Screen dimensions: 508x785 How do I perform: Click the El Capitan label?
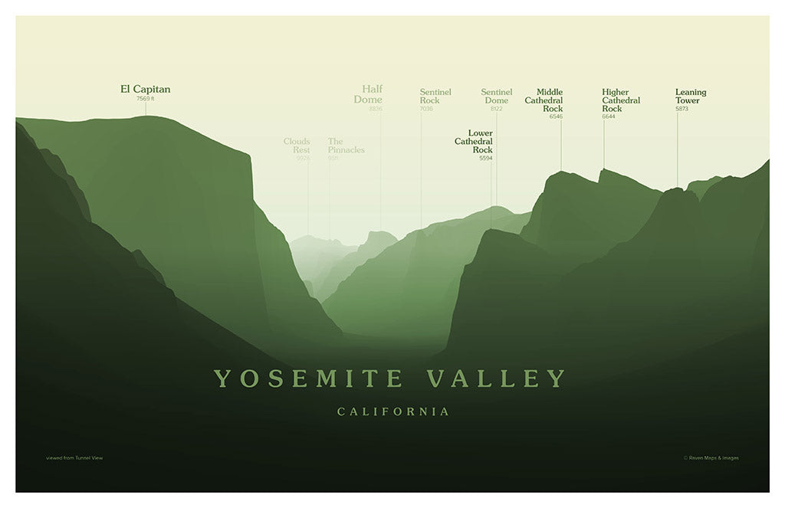[x=146, y=89]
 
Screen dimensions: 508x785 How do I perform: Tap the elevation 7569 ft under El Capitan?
[x=146, y=99]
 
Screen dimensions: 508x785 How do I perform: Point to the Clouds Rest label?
[x=297, y=146]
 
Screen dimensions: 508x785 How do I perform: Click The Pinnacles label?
[x=346, y=146]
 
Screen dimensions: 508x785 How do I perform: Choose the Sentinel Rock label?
[x=435, y=97]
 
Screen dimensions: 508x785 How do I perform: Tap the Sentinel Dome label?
[x=496, y=97]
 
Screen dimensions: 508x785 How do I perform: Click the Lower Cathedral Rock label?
[x=475, y=141]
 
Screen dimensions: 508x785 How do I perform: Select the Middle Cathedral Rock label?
[x=544, y=100]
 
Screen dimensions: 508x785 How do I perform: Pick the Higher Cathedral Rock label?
[x=621, y=100]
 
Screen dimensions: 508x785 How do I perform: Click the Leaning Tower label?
[x=690, y=97]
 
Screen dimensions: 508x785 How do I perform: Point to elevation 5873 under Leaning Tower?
[x=682, y=109]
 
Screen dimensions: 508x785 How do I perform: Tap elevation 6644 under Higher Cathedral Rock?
[x=609, y=116]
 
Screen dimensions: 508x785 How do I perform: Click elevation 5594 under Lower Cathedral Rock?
[x=486, y=158]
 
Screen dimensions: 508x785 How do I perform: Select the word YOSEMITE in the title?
[x=309, y=378]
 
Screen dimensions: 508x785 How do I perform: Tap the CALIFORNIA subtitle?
[x=393, y=412]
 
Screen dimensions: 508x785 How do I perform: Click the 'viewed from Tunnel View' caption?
[x=74, y=458]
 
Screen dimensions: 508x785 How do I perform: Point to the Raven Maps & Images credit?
[x=711, y=458]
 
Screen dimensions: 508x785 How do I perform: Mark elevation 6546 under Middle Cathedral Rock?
[x=556, y=116]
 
